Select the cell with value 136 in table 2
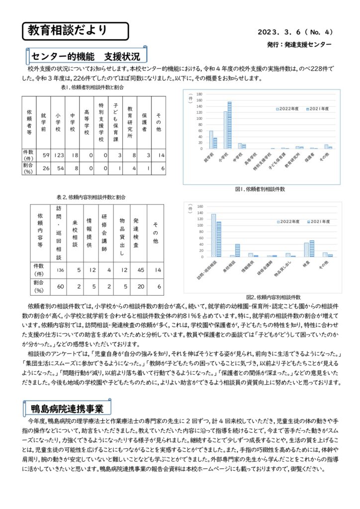[x=60, y=270]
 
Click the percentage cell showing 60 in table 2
[x=60, y=286]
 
